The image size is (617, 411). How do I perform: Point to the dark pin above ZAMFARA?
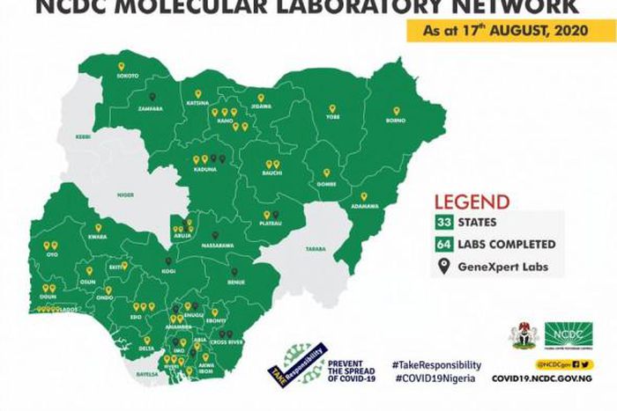(152, 98)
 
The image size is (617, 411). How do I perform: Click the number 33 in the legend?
(442, 223)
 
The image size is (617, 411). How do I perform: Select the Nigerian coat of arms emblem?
(524, 334)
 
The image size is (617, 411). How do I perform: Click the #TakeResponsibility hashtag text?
(438, 364)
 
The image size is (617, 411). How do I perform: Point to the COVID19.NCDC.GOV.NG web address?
(541, 378)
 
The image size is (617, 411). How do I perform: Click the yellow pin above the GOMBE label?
(326, 173)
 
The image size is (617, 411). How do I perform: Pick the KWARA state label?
(96, 238)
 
